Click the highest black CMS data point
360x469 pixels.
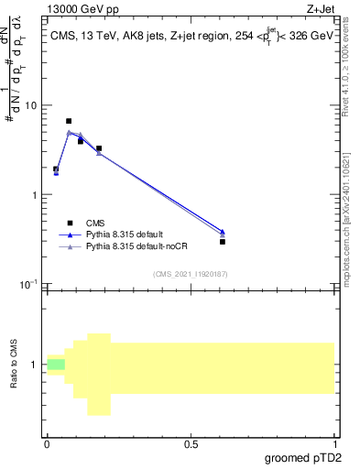click(69, 121)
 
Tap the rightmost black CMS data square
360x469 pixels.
click(223, 242)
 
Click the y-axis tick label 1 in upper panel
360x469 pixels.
click(34, 195)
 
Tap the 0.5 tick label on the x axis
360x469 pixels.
click(191, 443)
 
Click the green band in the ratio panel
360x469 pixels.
click(57, 365)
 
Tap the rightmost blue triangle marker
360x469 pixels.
click(223, 232)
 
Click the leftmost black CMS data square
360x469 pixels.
click(56, 169)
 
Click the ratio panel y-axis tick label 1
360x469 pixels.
click(34, 365)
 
